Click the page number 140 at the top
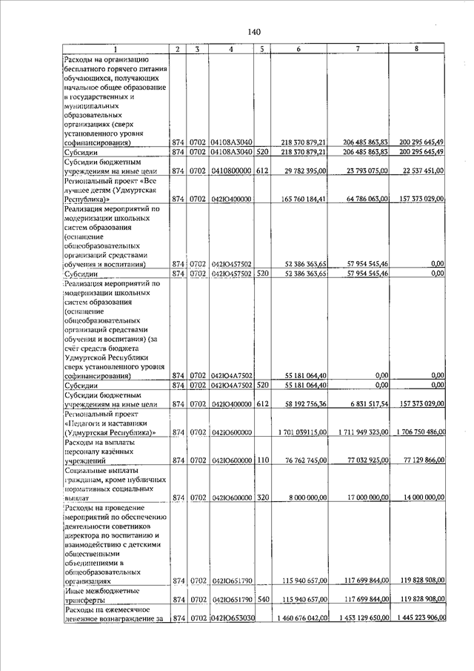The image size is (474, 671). (x=254, y=32)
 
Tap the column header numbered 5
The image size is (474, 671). (x=262, y=49)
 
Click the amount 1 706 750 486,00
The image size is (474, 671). (x=419, y=432)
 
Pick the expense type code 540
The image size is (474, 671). (x=262, y=598)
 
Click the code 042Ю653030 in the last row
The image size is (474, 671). (x=232, y=618)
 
